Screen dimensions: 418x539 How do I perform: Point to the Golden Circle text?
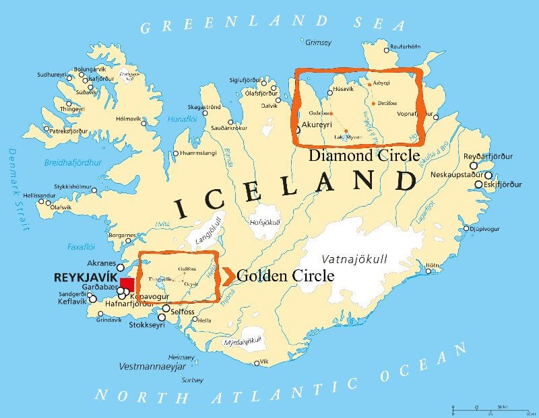pyautogui.click(x=285, y=275)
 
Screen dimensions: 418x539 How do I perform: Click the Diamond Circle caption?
pyautogui.click(x=364, y=155)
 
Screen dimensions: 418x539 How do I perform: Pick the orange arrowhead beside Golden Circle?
pyautogui.click(x=228, y=275)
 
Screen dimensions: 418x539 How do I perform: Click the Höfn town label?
pyautogui.click(x=432, y=265)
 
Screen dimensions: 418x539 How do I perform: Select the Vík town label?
pyautogui.click(x=264, y=361)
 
